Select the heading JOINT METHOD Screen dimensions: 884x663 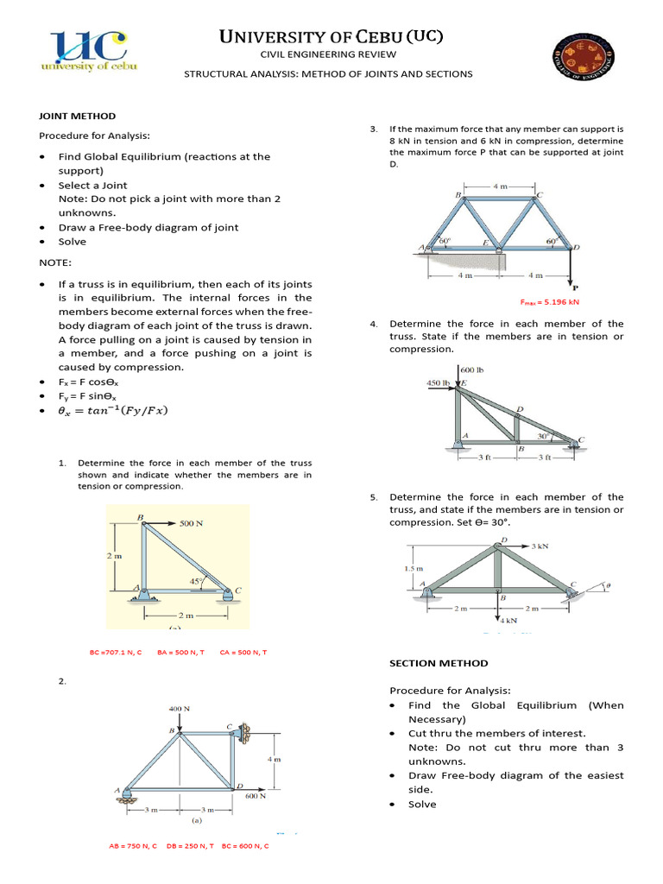[77, 116]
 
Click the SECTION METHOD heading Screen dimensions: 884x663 [439, 663]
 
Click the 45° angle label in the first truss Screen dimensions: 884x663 [196, 581]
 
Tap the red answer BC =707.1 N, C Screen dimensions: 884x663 [116, 652]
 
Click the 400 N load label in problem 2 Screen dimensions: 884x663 [179, 708]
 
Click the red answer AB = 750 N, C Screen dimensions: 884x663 [133, 846]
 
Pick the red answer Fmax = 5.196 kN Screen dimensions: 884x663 [549, 303]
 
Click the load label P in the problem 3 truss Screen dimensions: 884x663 [574, 289]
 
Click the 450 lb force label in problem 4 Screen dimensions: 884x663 [439, 382]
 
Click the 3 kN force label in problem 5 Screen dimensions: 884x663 [540, 546]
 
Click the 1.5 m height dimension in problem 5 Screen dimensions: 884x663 [414, 568]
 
